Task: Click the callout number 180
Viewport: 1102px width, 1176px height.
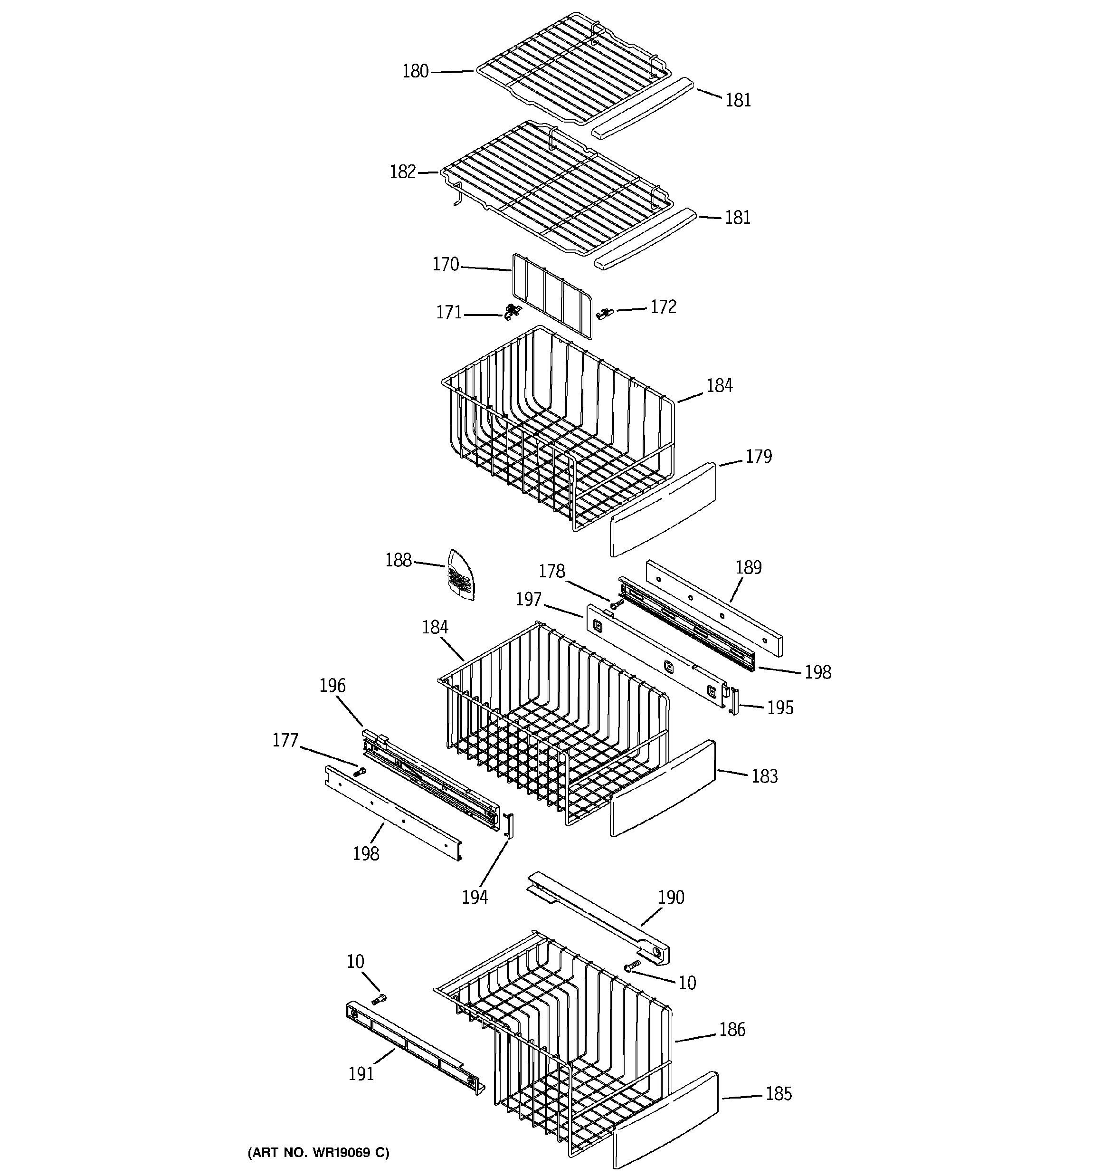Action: point(415,72)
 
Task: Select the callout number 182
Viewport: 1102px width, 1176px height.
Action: point(403,172)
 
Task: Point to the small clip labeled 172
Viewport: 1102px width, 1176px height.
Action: point(606,312)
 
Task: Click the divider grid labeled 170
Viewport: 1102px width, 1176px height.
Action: point(551,296)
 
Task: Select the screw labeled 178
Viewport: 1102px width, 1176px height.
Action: point(617,604)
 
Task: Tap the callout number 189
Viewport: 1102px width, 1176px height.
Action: point(748,567)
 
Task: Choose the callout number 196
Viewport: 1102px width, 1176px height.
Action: point(332,686)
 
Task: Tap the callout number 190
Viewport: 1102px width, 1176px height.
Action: point(671,898)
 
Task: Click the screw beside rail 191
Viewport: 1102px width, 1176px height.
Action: point(379,999)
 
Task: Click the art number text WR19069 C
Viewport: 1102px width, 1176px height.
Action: point(318,1152)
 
